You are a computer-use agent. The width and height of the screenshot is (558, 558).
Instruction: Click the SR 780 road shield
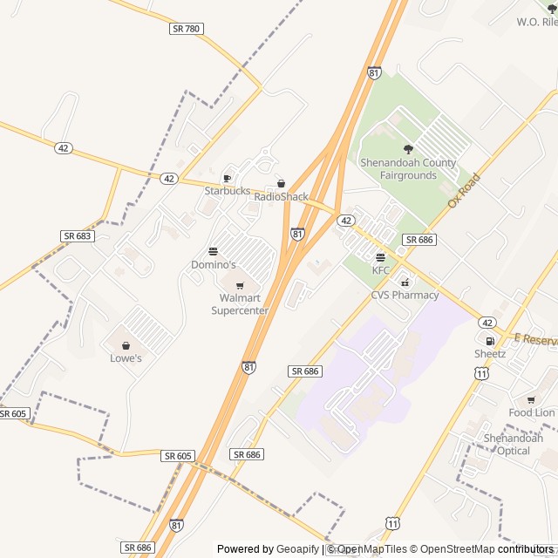(186, 29)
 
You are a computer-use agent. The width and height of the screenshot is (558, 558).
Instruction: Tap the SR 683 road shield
(77, 236)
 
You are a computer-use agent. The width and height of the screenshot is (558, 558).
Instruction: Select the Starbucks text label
(228, 191)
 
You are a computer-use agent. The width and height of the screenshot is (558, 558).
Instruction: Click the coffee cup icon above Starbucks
(228, 178)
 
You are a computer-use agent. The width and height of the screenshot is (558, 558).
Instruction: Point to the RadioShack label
(281, 197)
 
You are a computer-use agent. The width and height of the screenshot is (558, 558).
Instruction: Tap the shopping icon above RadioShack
(281, 184)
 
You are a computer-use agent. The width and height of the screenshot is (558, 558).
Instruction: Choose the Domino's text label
(214, 264)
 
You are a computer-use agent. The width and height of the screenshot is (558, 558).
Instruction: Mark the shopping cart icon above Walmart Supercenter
(240, 285)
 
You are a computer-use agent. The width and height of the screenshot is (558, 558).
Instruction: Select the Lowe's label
(126, 358)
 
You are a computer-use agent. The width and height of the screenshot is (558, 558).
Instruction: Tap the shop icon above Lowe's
(126, 345)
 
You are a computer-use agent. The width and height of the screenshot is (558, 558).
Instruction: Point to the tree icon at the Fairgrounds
(408, 149)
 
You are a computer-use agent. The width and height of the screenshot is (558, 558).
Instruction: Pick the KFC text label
(381, 270)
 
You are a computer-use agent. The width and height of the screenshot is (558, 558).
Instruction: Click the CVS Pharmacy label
(405, 295)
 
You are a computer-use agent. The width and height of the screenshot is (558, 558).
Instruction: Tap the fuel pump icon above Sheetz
(490, 341)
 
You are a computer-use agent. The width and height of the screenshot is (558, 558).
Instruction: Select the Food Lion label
(532, 412)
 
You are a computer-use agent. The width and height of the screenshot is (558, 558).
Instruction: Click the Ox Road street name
(464, 190)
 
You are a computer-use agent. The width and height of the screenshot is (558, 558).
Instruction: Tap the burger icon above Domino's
(214, 251)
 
